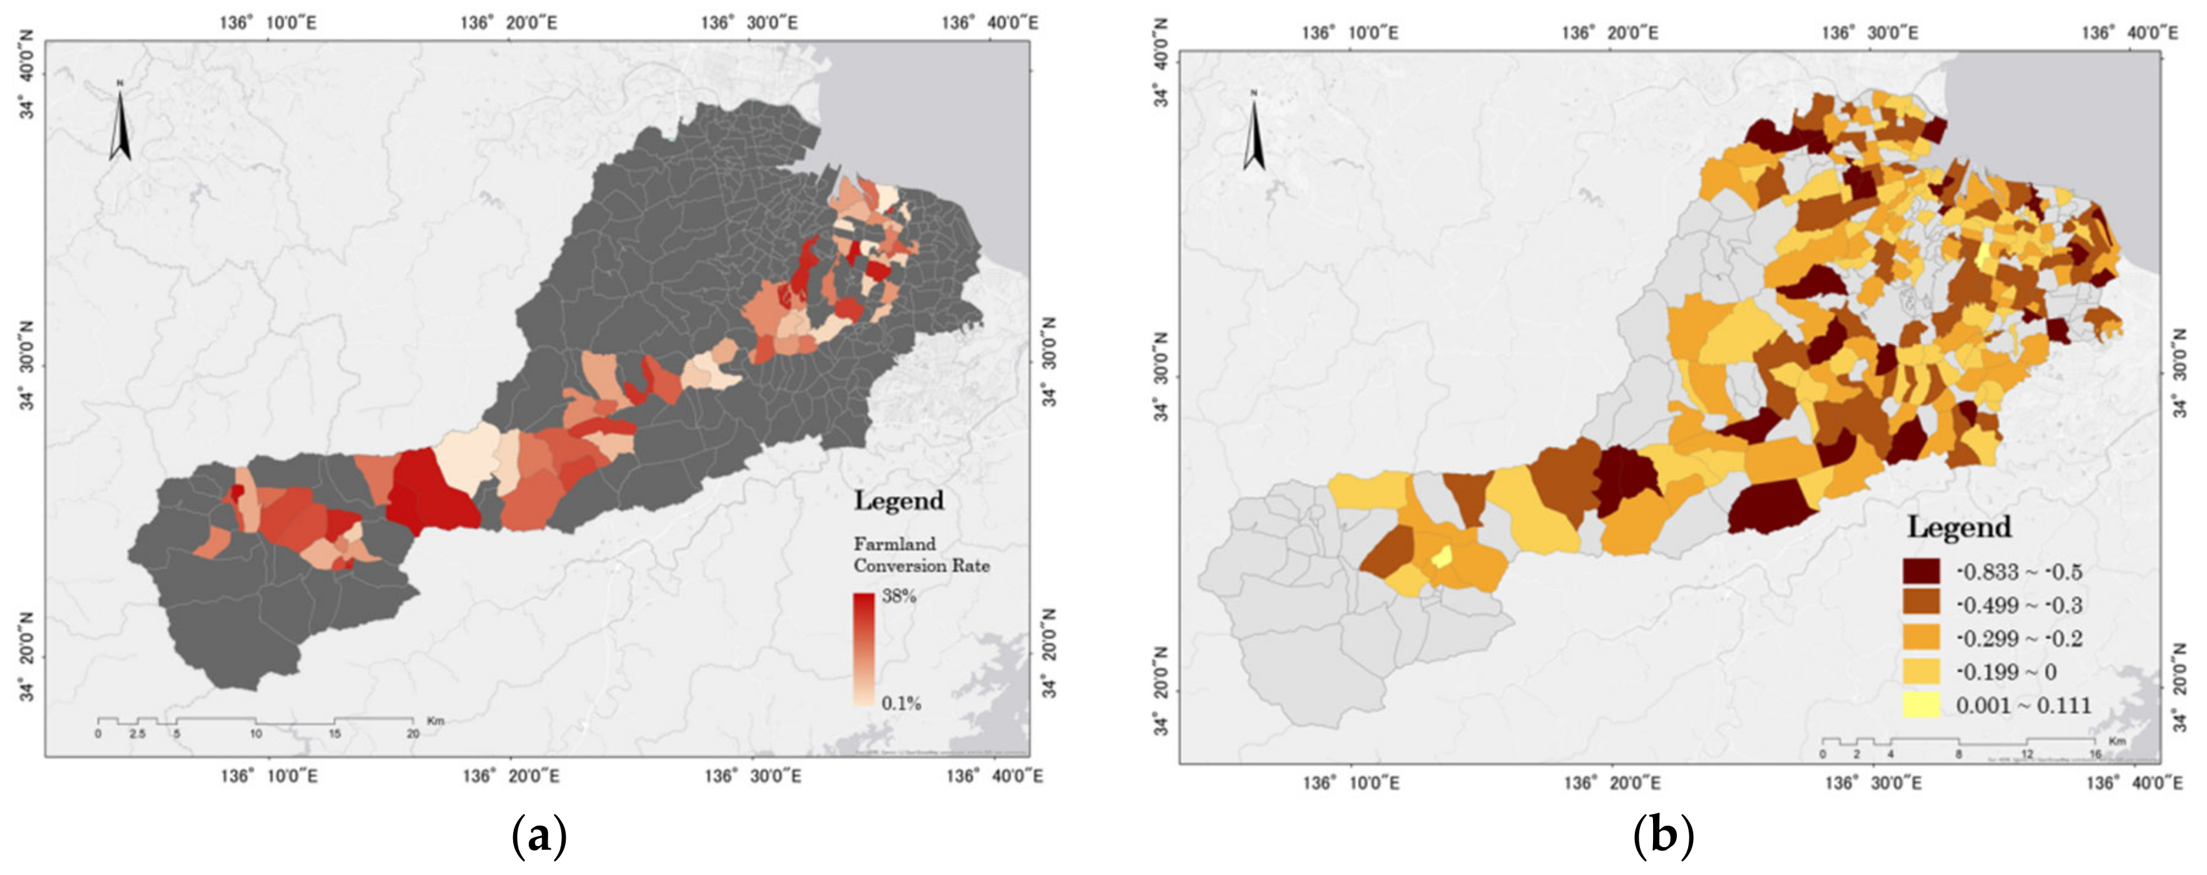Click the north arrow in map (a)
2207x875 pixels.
click(x=120, y=122)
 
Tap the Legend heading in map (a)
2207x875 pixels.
click(x=898, y=501)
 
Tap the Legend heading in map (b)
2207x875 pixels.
click(x=1959, y=526)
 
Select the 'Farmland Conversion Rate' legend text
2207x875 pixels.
click(x=921, y=555)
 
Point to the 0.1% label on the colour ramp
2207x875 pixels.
click(x=900, y=704)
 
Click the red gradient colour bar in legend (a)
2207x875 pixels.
click(x=863, y=649)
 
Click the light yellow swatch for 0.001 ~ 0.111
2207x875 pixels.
click(x=1922, y=705)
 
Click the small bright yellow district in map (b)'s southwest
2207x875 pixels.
click(x=1443, y=557)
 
